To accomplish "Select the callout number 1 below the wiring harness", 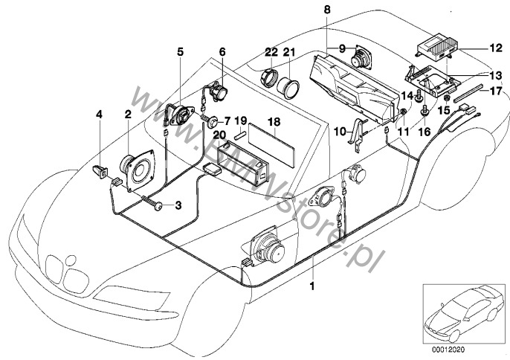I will click(313, 285).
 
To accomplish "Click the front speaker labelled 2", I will click(137, 171).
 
